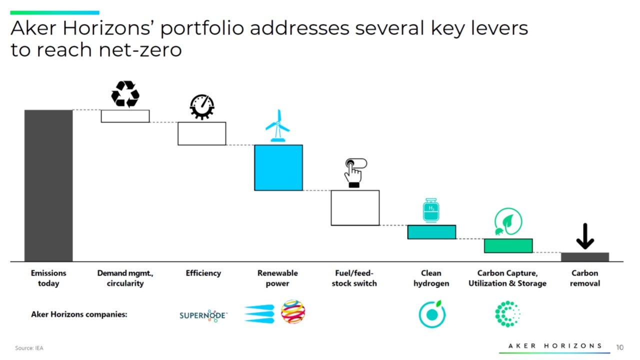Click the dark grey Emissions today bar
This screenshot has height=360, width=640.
pyautogui.click(x=48, y=185)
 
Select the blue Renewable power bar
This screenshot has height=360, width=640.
pyautogui.click(x=278, y=167)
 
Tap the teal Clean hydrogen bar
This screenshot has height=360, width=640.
pyautogui.click(x=431, y=232)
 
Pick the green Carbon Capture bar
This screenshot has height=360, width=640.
pyautogui.click(x=508, y=245)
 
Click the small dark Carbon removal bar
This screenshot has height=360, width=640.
pyautogui.click(x=584, y=257)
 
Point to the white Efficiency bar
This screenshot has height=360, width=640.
pyautogui.click(x=202, y=133)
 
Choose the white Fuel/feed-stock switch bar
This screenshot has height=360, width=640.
pyautogui.click(x=355, y=207)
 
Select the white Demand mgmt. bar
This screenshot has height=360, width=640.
pyautogui.click(x=125, y=116)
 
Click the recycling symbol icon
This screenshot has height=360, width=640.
pyautogui.click(x=125, y=94)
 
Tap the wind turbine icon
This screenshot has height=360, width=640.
pyautogui.click(x=277, y=126)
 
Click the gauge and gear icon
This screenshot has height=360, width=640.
pyautogui.click(x=202, y=106)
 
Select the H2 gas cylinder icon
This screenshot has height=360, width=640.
pyautogui.click(x=431, y=210)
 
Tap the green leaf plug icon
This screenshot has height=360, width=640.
pyautogui.click(x=508, y=222)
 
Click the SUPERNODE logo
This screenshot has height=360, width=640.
pyautogui.click(x=203, y=315)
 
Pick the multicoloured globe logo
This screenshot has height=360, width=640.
pyautogui.click(x=293, y=312)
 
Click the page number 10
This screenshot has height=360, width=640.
pyautogui.click(x=620, y=347)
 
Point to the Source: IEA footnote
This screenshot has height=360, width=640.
pyautogui.click(x=29, y=347)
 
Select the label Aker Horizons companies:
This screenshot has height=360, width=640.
pyautogui.click(x=79, y=314)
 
